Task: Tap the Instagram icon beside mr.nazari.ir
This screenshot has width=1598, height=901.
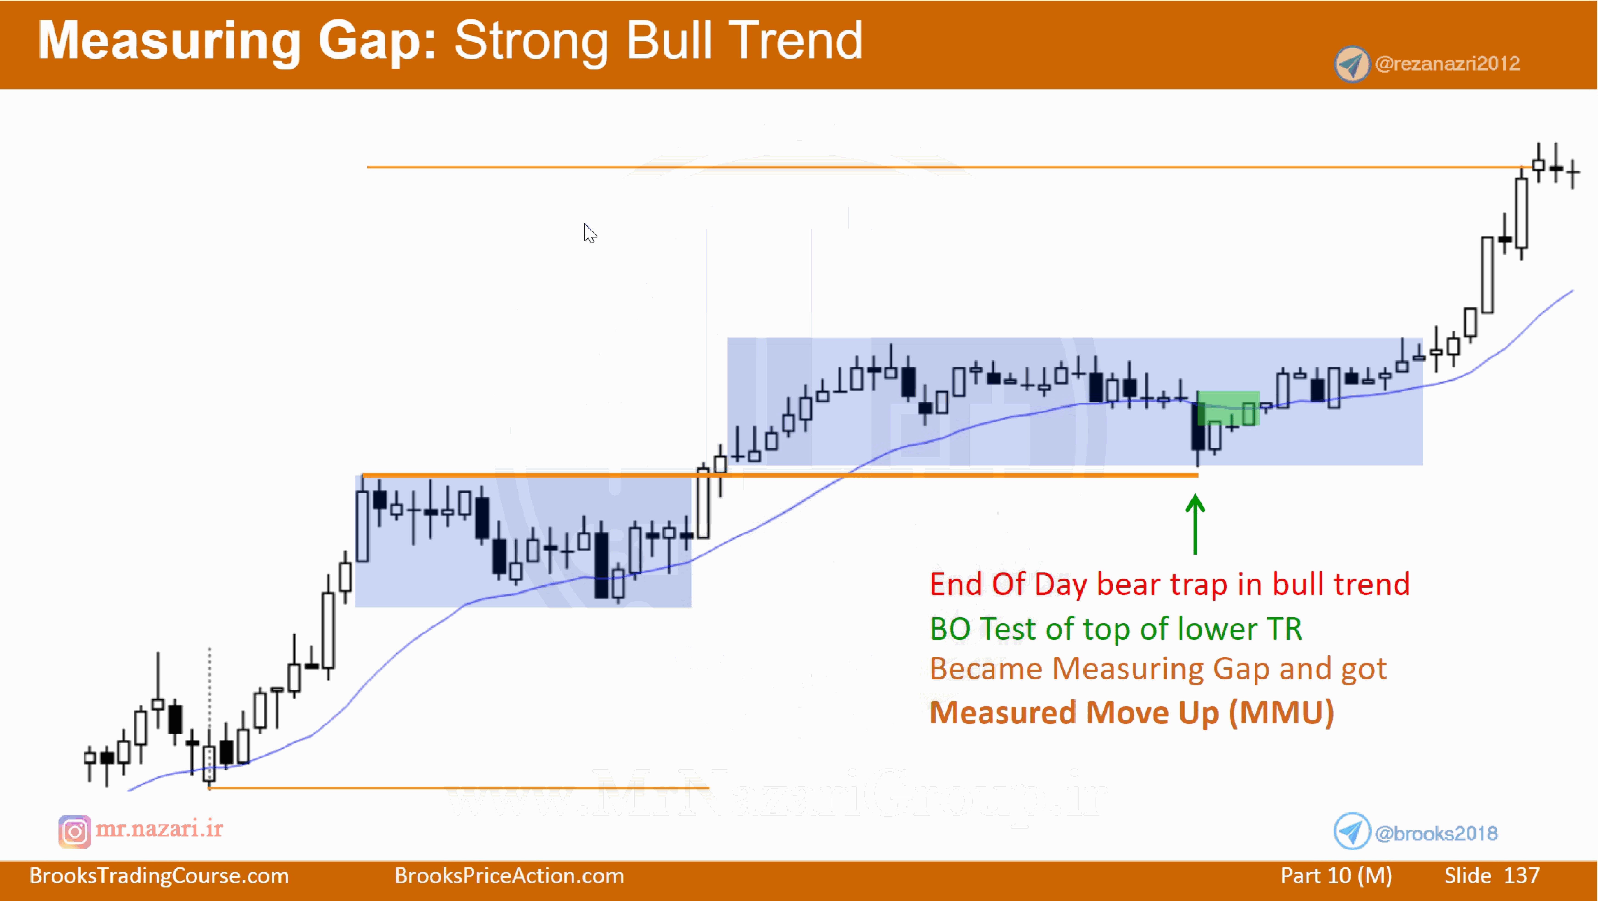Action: click(x=75, y=831)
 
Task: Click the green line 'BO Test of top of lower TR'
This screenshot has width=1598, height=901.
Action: click(x=1115, y=629)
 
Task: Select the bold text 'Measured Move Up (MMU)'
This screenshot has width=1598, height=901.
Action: click(x=1132, y=713)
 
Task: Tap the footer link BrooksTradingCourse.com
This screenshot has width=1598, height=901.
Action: click(x=159, y=876)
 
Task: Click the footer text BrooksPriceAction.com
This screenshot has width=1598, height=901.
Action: click(x=509, y=876)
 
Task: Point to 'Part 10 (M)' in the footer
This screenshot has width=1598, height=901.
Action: click(x=1336, y=876)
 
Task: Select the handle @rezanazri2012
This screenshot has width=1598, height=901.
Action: click(x=1447, y=64)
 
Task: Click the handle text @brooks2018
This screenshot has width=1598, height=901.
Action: click(x=1436, y=833)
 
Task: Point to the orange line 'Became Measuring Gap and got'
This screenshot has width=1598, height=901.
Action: click(x=1157, y=669)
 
